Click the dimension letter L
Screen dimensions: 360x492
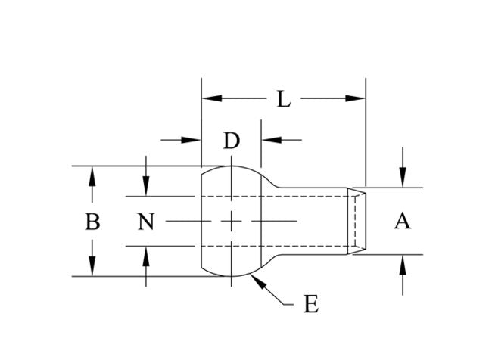(283, 99)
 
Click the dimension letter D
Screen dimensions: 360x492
(232, 141)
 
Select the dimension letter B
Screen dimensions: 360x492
(92, 222)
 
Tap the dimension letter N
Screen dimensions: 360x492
(147, 222)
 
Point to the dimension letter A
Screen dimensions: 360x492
(403, 221)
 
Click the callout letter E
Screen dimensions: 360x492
(310, 305)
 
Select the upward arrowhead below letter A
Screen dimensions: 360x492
(403, 263)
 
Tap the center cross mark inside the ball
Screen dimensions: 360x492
(231, 221)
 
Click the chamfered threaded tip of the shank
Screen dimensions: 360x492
(358, 221)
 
